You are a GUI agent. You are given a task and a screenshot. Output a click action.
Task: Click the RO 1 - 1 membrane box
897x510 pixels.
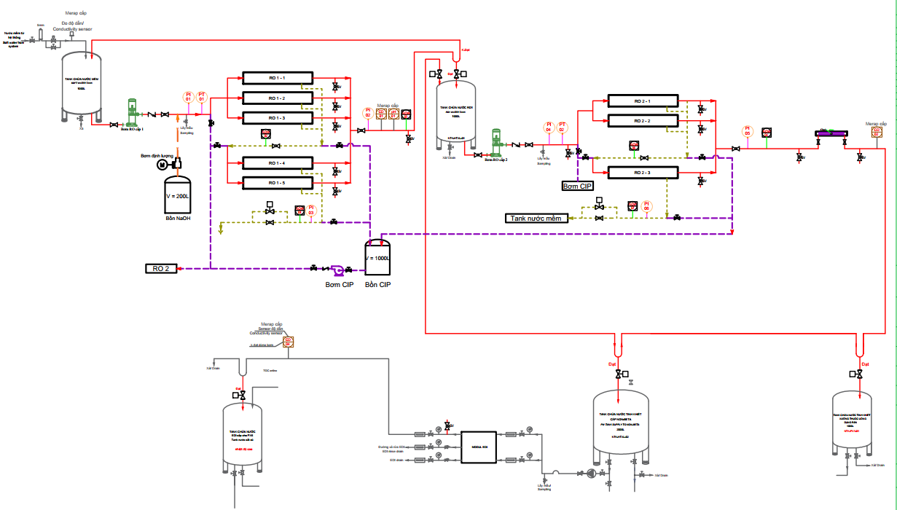[x=277, y=77]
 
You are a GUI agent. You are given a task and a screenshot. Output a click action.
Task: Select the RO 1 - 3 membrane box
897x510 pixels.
[x=277, y=118]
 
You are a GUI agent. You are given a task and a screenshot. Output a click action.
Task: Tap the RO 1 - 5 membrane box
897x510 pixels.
[x=277, y=183]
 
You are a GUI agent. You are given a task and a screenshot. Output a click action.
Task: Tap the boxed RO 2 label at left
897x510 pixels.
[x=161, y=269]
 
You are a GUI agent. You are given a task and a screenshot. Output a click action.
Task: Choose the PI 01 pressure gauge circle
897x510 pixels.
[x=188, y=97]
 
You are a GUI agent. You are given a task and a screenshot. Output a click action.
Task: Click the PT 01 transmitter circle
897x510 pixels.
[x=203, y=97]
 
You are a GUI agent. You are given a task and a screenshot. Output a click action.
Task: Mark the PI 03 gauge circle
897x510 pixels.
[x=311, y=210]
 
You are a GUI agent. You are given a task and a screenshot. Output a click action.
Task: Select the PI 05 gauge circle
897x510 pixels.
[x=747, y=132]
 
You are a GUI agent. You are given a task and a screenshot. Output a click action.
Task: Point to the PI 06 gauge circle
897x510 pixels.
[x=646, y=205]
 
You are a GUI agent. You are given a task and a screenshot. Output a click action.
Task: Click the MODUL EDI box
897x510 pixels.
[x=479, y=446]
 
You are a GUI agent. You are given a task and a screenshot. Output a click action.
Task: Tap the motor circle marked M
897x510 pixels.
[x=162, y=165]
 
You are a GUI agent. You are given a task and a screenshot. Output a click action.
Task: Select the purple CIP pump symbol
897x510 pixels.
[x=337, y=270]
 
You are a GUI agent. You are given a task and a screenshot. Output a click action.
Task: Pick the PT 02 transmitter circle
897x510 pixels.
[x=562, y=127]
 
